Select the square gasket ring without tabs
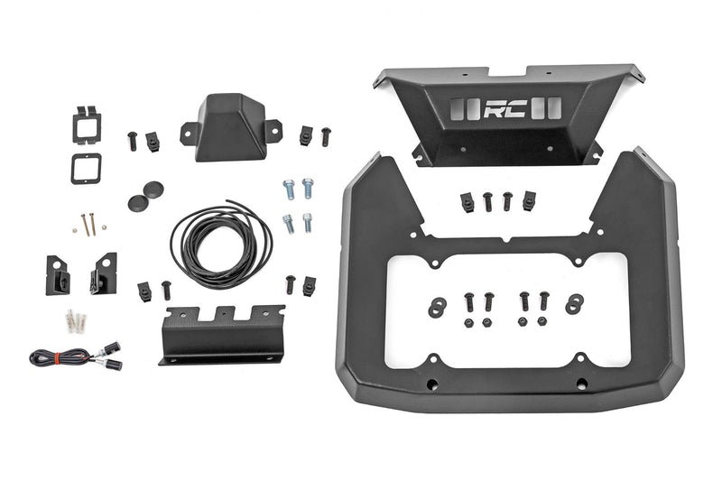85,168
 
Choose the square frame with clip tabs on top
87,125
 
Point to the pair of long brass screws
88,225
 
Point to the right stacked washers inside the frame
573,304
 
